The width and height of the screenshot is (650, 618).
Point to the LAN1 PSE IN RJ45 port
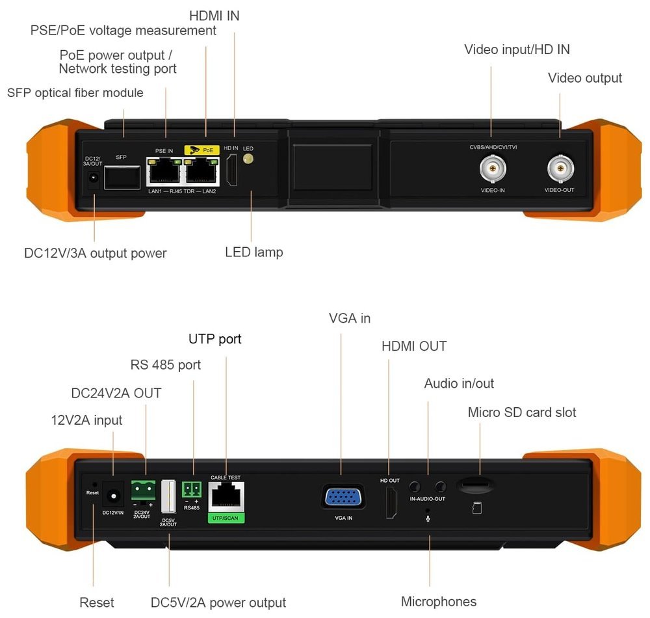coord(164,172)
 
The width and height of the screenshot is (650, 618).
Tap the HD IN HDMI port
coord(231,172)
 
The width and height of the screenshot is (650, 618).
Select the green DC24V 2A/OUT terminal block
coord(142,489)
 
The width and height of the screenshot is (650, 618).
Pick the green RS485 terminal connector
coord(192,489)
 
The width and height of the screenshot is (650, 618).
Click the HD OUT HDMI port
coord(391,503)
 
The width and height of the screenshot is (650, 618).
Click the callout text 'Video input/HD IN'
coord(517,49)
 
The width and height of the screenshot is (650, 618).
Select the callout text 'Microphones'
coord(439,602)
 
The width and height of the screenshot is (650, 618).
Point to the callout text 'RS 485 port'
coord(166,365)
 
